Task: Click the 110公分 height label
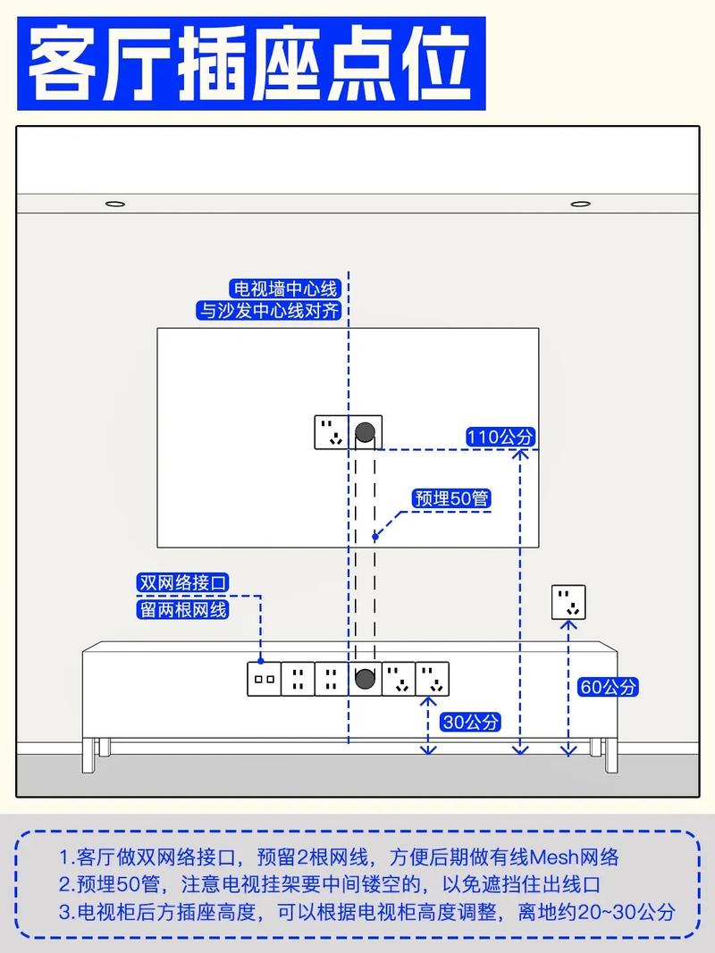pyautogui.click(x=500, y=437)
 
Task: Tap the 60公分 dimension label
pyautogui.click(x=608, y=687)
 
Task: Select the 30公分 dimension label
pyautogui.click(x=471, y=722)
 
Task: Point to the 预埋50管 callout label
pyautogui.click(x=451, y=498)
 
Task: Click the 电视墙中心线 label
pyautogui.click(x=285, y=288)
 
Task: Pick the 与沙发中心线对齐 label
pyautogui.click(x=269, y=311)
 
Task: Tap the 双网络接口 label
pyautogui.click(x=183, y=582)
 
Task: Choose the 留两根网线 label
pyautogui.click(x=183, y=609)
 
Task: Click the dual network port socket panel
pyautogui.click(x=264, y=679)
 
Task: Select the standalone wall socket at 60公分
pyautogui.click(x=568, y=602)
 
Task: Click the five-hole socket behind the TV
pyautogui.click(x=332, y=432)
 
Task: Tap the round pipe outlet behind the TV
pyautogui.click(x=365, y=432)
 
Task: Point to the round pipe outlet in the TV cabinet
pyautogui.click(x=365, y=678)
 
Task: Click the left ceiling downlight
pyautogui.click(x=115, y=204)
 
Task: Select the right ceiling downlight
pyautogui.click(x=581, y=204)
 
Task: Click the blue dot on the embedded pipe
pyautogui.click(x=375, y=537)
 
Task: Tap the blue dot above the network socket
pyautogui.click(x=261, y=661)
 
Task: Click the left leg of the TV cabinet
pyautogui.click(x=88, y=756)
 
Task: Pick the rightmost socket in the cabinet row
pyautogui.click(x=433, y=679)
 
